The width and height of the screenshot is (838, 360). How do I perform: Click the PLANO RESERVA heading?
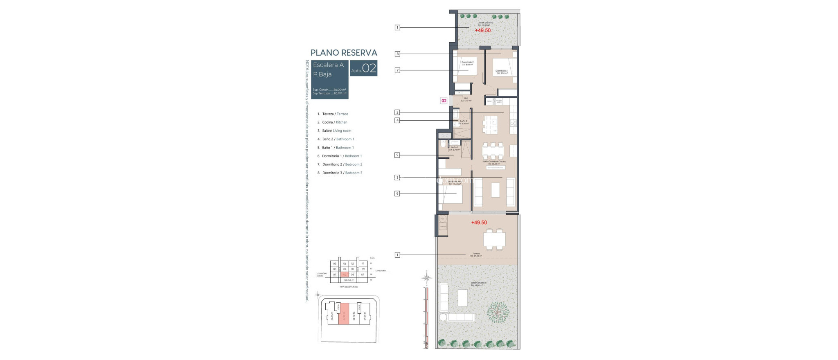click(x=344, y=53)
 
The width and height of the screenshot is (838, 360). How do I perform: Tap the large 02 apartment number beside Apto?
click(x=369, y=68)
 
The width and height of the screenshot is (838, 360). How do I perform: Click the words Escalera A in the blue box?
click(x=328, y=65)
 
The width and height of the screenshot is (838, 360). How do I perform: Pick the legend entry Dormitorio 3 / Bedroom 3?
click(x=342, y=173)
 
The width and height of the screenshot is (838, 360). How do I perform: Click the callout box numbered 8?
click(x=397, y=54)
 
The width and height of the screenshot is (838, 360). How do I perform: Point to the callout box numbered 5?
click(x=397, y=155)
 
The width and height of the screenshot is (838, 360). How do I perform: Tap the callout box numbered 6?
click(x=397, y=193)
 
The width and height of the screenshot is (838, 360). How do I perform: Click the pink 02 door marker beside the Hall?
click(x=444, y=101)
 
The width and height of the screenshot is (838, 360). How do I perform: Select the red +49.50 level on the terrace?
click(x=479, y=223)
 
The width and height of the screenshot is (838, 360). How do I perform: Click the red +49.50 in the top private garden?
click(x=482, y=30)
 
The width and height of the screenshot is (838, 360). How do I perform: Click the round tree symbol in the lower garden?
click(x=498, y=312)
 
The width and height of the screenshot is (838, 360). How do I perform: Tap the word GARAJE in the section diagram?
click(x=349, y=280)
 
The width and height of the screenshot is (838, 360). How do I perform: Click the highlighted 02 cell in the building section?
click(x=345, y=274)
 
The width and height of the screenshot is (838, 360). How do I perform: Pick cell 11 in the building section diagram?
click(x=363, y=264)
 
